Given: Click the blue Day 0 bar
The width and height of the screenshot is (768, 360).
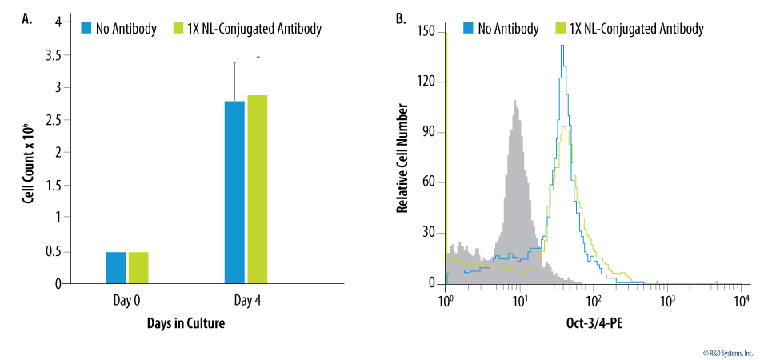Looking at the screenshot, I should (115, 267).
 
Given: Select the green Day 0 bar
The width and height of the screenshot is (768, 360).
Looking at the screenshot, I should (138, 267).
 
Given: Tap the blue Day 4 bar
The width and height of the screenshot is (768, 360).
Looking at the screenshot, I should (234, 192).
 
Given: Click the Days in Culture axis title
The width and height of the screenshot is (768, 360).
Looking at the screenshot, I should (186, 324).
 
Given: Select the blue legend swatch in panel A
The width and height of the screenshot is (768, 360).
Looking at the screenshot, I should (87, 29).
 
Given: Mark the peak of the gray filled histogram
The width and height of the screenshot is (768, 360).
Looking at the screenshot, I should (515, 102).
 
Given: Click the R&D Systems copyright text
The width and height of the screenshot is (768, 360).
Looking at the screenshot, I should (728, 352).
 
